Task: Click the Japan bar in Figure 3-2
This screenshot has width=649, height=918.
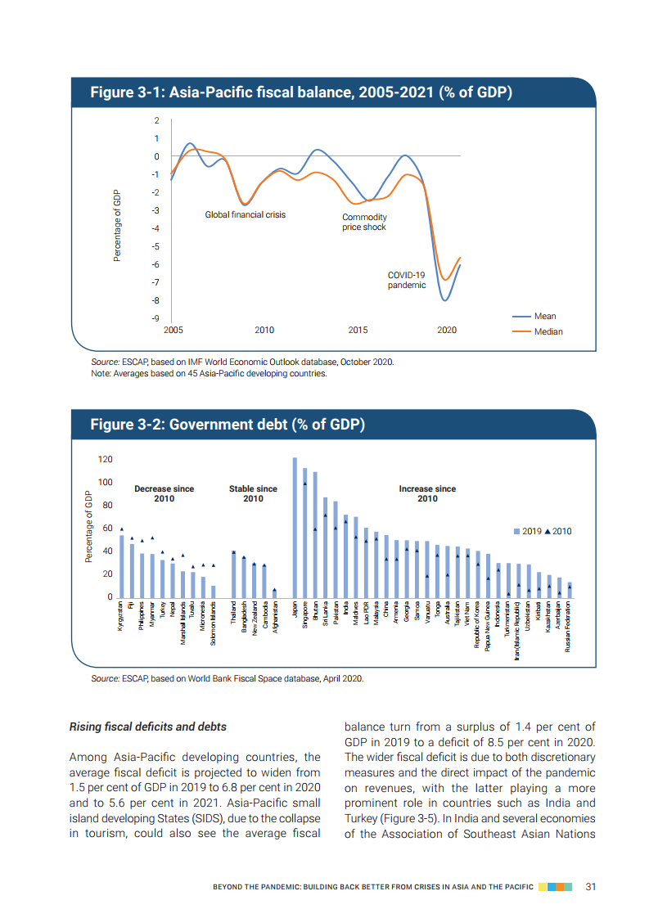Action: coord(295,528)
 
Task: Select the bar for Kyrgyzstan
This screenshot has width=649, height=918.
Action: coord(122,566)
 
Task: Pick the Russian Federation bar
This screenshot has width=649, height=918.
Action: coord(570,590)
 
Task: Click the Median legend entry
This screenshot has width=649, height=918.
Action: coord(548,331)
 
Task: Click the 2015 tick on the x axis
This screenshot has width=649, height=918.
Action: coord(358,330)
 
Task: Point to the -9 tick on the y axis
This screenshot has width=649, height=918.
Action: coord(155,318)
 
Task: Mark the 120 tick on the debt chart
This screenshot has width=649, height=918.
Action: coord(104,459)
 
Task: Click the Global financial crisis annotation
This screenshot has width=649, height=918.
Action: coord(245,215)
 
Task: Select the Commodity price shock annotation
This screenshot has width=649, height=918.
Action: coord(364,222)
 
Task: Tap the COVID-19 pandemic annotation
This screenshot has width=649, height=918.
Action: coord(407,280)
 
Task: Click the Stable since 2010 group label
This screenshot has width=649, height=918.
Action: coord(253,493)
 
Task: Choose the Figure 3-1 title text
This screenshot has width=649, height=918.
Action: coord(300,92)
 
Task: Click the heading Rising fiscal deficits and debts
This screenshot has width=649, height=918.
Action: coord(147,727)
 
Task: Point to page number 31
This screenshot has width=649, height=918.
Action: coord(590,886)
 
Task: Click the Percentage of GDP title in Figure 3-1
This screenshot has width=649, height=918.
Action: coord(117,225)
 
